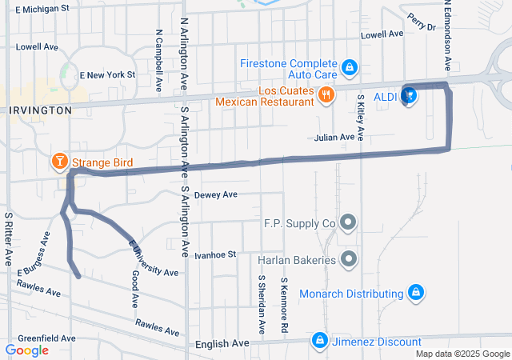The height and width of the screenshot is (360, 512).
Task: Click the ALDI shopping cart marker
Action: point(409,96)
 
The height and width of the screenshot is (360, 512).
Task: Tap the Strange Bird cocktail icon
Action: point(59,163)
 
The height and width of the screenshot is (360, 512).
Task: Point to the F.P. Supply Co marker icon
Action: point(349,222)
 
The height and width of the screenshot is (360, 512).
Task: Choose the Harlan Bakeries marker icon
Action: point(349,259)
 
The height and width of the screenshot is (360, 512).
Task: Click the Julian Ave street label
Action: point(334,138)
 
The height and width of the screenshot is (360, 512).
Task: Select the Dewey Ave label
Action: point(217,194)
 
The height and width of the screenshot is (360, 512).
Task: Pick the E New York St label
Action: point(108,75)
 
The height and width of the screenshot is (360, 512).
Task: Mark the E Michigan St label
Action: point(42,8)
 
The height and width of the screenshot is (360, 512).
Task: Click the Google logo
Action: point(26,350)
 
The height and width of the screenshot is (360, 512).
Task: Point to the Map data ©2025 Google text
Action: point(462,354)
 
